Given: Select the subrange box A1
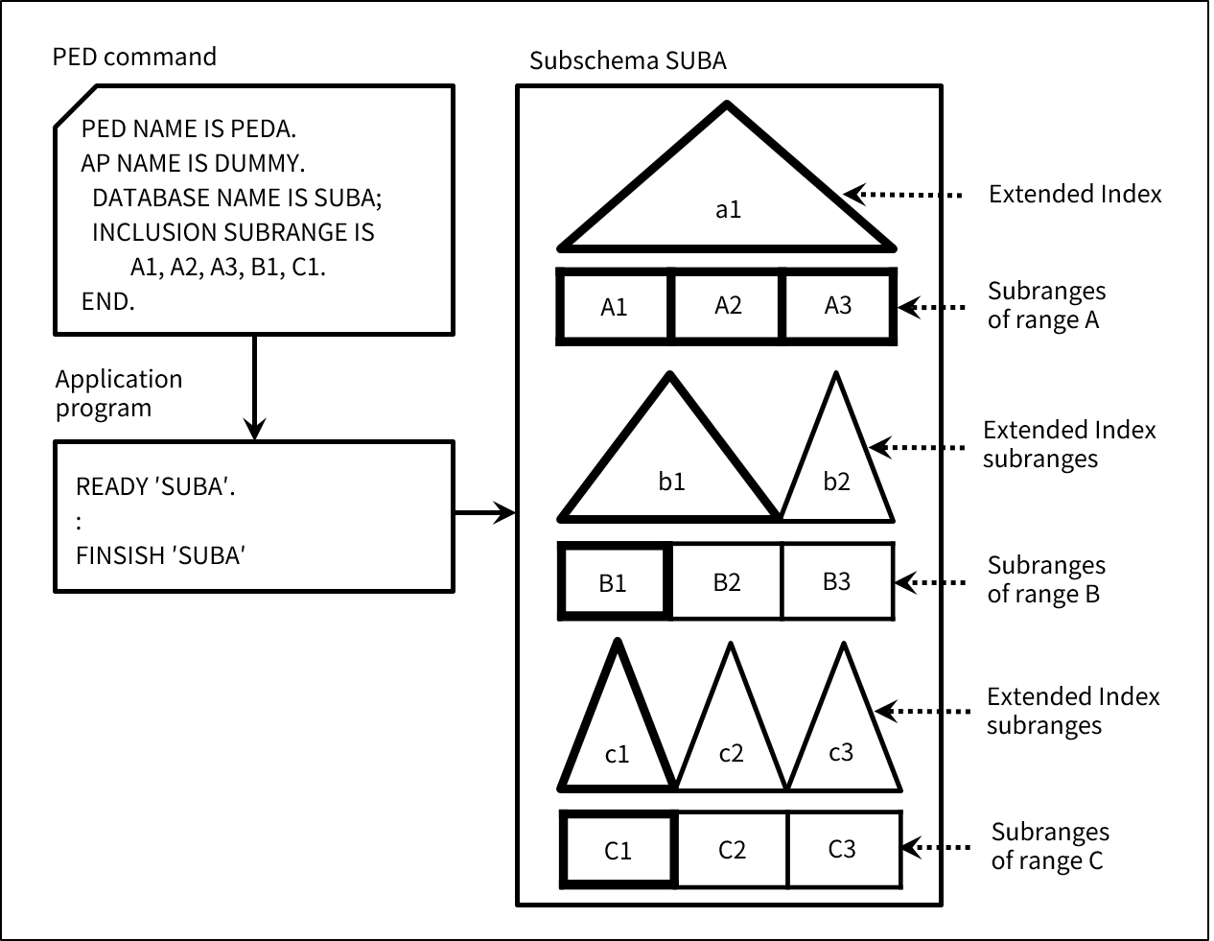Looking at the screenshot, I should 614,307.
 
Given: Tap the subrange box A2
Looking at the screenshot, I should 728,306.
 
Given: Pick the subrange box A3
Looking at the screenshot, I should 838,306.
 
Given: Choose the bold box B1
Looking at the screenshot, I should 613,581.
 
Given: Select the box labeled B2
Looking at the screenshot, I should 727,581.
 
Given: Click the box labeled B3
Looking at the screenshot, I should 837,581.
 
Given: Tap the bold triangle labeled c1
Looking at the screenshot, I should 617,743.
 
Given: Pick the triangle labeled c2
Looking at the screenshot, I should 731,743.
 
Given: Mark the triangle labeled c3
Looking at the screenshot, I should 841,743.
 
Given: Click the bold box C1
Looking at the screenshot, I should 618,850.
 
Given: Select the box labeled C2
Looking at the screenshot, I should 732,850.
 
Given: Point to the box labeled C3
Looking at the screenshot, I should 842,850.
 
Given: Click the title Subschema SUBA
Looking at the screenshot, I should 627,61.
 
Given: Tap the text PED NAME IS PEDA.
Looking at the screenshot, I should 189,129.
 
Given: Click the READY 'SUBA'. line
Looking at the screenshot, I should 155,486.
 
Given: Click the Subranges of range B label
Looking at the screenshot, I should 1045,579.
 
